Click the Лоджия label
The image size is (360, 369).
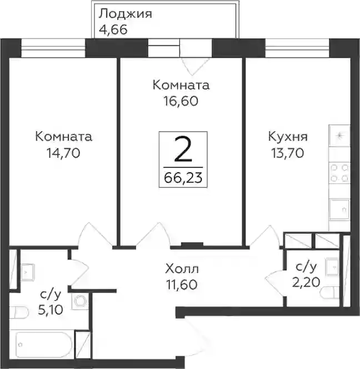pyautogui.click(x=125, y=14)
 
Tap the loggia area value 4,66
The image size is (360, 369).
pyautogui.click(x=113, y=30)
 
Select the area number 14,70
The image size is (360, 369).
pyautogui.click(x=63, y=153)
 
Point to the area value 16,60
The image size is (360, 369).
pyautogui.click(x=181, y=101)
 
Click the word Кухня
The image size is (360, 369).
pyautogui.click(x=288, y=137)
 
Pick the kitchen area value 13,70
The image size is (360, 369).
pyautogui.click(x=288, y=153)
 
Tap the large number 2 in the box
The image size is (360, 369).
pyautogui.click(x=183, y=149)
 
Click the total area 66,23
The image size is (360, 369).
pyautogui.click(x=183, y=178)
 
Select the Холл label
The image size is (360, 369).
pyautogui.click(x=182, y=269)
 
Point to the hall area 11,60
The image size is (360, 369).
pyautogui.click(x=182, y=285)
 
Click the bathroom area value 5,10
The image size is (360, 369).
pyautogui.click(x=51, y=310)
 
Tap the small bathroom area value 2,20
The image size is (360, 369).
pyautogui.click(x=306, y=282)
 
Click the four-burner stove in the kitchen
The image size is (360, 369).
pyautogui.click(x=339, y=173)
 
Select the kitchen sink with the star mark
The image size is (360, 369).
pyautogui.click(x=339, y=136)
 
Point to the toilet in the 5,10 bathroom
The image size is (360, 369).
pyautogui.click(x=19, y=312)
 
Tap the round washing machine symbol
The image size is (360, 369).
pyautogui.click(x=80, y=301)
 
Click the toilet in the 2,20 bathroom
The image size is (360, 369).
pyautogui.click(x=330, y=293)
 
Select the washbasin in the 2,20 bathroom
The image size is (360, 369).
pyautogui.click(x=332, y=266)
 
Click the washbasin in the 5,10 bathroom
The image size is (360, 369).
pyautogui.click(x=28, y=272)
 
